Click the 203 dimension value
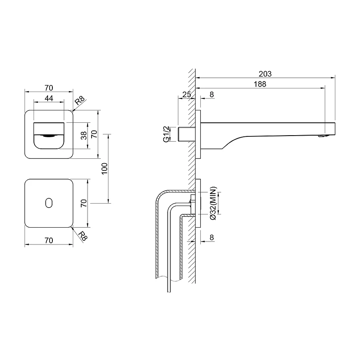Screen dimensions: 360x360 265,74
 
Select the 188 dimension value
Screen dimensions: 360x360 260,84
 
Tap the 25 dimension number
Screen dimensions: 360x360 187,94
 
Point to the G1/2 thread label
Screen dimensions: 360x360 166,134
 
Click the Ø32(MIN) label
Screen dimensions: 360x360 213,203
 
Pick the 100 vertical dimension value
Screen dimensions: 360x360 104,168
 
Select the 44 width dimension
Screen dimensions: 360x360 49,98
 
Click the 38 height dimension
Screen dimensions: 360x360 84,136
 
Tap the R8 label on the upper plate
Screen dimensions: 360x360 80,101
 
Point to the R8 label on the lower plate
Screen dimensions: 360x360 83,236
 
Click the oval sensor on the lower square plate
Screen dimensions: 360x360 49,203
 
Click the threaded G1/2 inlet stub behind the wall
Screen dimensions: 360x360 187,134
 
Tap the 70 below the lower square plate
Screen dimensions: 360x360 49,240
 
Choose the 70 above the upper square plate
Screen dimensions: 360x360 49,88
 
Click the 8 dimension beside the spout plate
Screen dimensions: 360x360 212,94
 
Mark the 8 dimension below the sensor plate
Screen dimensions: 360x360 212,237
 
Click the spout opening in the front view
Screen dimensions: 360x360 49,136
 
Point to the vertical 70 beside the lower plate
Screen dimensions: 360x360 84,203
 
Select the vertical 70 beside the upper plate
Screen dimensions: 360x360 94,134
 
